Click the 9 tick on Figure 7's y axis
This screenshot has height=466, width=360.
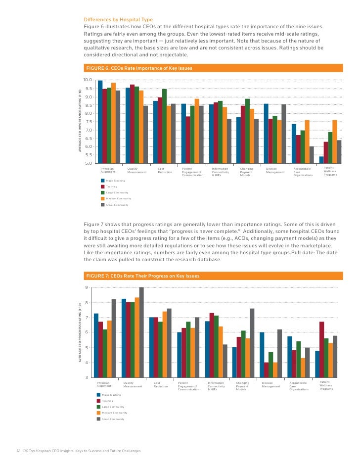[87, 288]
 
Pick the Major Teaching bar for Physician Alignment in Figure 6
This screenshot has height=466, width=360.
[100, 122]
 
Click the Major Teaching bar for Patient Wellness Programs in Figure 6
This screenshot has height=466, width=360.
[321, 160]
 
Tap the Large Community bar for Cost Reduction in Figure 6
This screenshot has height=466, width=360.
[164, 126]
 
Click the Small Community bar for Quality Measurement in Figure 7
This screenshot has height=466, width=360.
[141, 332]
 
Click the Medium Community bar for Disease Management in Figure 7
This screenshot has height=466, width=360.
[275, 370]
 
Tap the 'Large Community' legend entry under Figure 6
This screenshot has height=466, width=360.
[115, 192]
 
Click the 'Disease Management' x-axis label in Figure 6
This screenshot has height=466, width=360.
[275, 171]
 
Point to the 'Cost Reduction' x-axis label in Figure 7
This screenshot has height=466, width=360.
[161, 384]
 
